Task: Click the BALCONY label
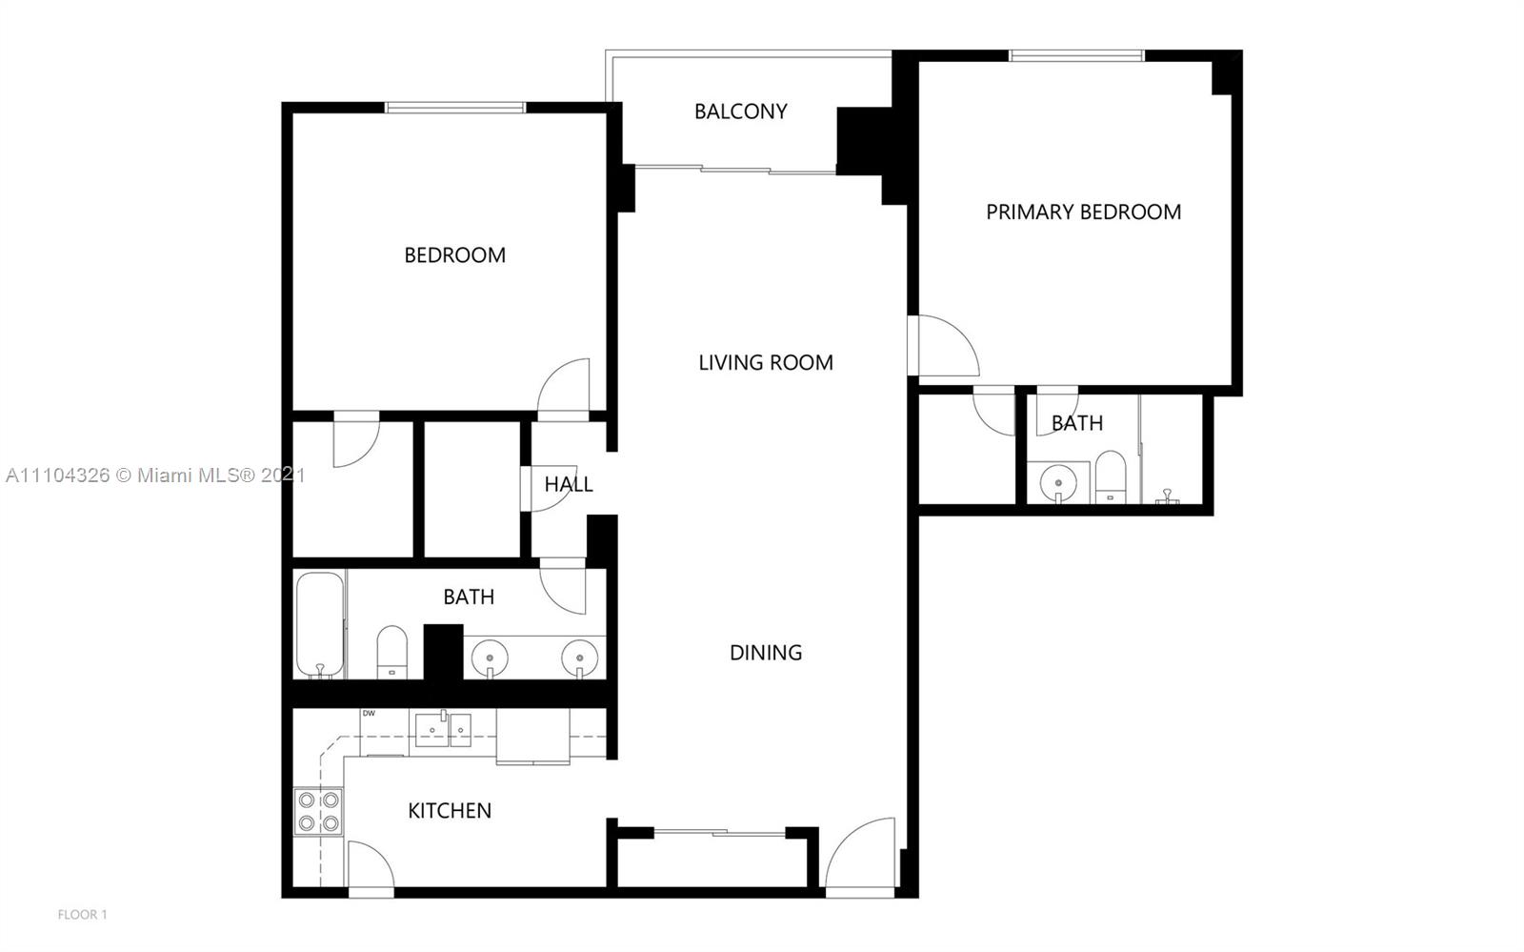click(740, 111)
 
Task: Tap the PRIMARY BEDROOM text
click(1083, 213)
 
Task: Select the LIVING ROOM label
click(766, 363)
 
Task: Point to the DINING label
click(766, 654)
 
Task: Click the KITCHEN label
click(449, 810)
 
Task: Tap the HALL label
click(568, 484)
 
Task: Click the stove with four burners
click(318, 812)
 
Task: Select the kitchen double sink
click(443, 729)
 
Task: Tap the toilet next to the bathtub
click(391, 653)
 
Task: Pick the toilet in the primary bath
click(1111, 477)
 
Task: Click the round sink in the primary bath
click(1058, 482)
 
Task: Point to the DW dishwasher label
click(369, 714)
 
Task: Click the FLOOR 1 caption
click(82, 915)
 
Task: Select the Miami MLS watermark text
click(155, 475)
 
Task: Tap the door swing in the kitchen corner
click(371, 864)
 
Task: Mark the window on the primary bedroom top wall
click(1077, 55)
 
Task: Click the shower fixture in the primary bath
click(1168, 496)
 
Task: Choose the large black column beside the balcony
click(864, 141)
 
